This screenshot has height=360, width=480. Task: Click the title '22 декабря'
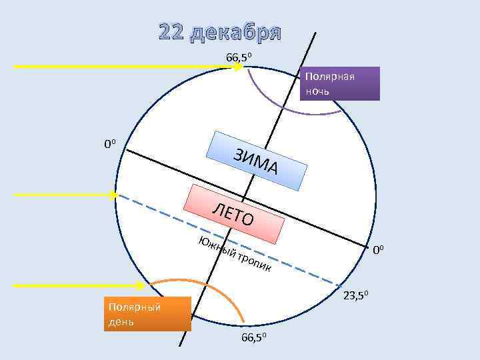(x=220, y=33)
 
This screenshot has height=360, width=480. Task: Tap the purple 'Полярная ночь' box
(x=340, y=83)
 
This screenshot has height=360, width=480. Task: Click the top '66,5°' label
(x=239, y=57)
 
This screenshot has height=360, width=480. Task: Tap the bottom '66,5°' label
(x=254, y=338)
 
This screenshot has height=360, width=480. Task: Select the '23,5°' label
(x=361, y=295)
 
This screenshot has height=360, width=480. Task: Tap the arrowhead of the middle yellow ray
(x=113, y=195)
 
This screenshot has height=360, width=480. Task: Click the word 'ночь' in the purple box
(x=317, y=90)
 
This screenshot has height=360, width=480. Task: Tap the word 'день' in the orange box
(x=121, y=322)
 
